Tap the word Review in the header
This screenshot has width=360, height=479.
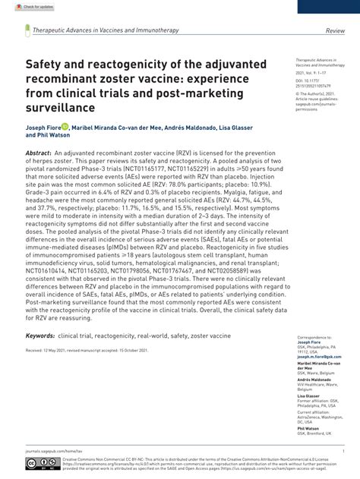(x=335, y=30)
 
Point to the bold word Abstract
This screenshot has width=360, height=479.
(x=39, y=153)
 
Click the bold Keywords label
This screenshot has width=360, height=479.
(x=40, y=335)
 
